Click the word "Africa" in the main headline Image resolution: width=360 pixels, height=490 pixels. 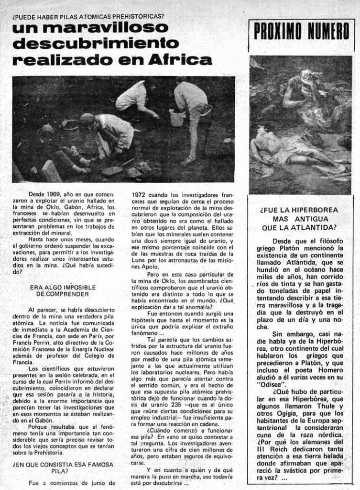(x=180, y=60)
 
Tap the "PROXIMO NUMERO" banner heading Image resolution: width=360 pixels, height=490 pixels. (x=302, y=32)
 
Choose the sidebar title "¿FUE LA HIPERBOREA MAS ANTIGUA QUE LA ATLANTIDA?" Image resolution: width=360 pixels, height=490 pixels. (x=299, y=218)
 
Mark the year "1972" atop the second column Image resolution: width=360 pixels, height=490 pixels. (x=139, y=195)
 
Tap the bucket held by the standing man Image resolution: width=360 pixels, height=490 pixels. (x=177, y=117)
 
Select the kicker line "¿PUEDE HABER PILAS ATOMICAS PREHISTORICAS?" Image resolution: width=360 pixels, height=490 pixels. (x=88, y=16)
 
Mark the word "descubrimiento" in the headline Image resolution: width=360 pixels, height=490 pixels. (x=96, y=44)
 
